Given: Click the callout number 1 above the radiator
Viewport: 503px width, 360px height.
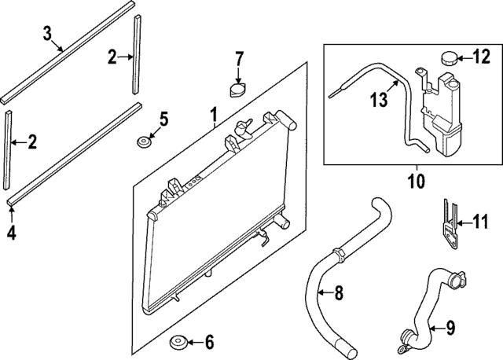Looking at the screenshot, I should click(213, 118).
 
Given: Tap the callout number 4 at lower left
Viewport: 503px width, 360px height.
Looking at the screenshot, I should click(11, 233).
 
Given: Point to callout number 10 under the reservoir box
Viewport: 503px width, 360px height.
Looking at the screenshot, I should click(416, 182).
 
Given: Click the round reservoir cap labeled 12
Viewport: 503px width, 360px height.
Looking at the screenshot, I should click(449, 58).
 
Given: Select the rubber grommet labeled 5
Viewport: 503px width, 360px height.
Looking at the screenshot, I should click(144, 143).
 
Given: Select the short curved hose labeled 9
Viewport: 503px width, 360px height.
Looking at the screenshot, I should click(431, 303).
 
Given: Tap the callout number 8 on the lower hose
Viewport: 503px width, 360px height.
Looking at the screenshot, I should click(339, 294).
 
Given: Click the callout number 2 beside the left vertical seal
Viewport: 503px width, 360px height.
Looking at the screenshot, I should click(32, 142).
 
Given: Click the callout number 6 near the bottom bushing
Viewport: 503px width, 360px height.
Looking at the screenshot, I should click(208, 343).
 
